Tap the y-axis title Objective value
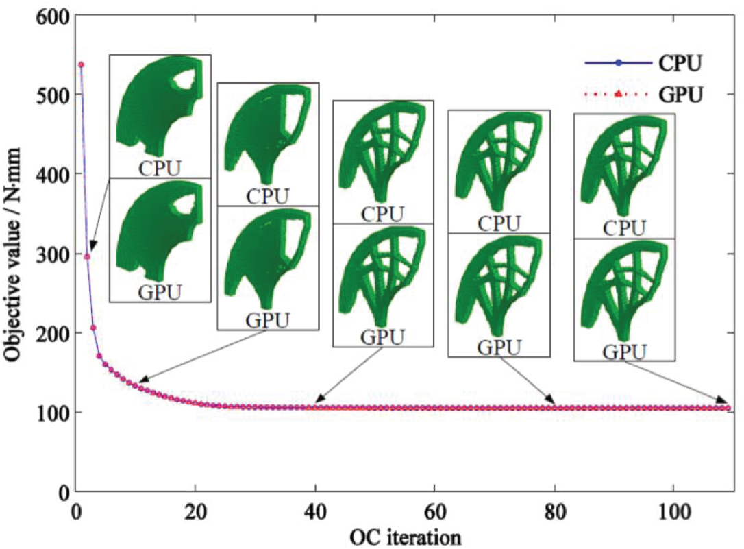[x=14, y=254]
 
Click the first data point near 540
[x=81, y=64]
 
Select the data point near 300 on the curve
[x=87, y=256]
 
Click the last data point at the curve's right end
[x=728, y=408]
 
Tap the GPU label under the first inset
[x=160, y=293]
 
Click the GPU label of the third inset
[x=383, y=337]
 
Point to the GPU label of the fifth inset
[x=624, y=352]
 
